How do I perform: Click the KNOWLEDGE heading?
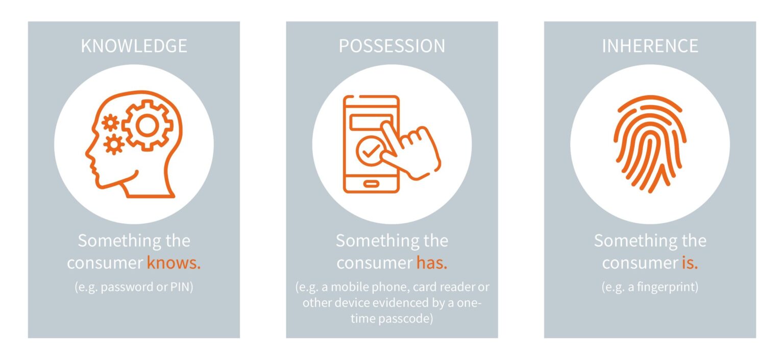pyautogui.click(x=134, y=46)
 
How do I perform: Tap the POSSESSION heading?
pyautogui.click(x=391, y=46)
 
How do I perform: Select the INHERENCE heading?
pyautogui.click(x=650, y=46)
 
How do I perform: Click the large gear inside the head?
pyautogui.click(x=148, y=125)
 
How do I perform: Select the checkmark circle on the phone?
pyautogui.click(x=371, y=150)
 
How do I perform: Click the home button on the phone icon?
pyautogui.click(x=371, y=183)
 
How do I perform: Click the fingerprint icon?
pyautogui.click(x=650, y=143)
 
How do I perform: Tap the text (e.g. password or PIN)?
pyautogui.click(x=134, y=287)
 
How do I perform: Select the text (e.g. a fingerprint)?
pyautogui.click(x=650, y=287)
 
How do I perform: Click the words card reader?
pyautogui.click(x=449, y=287)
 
